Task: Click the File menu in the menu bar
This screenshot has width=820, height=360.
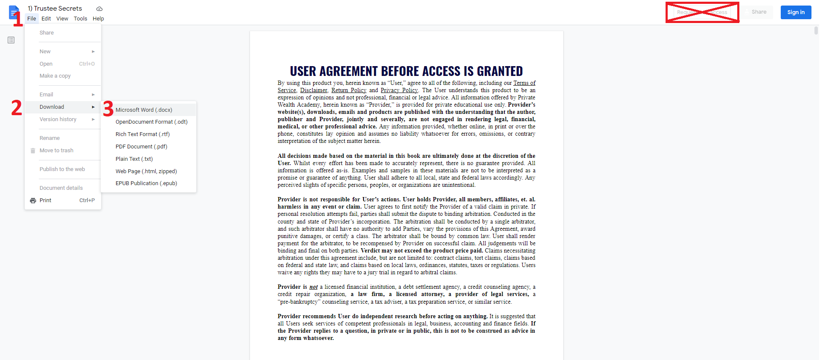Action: pos(32,19)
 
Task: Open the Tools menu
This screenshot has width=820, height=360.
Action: pos(80,19)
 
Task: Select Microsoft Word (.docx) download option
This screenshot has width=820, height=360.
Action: pos(144,110)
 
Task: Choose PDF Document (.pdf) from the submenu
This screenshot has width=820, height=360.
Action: pos(141,147)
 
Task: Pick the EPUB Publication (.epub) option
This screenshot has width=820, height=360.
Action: pos(146,183)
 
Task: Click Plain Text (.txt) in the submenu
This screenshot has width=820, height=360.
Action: pos(134,159)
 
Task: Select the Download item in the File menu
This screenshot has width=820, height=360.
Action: pos(52,107)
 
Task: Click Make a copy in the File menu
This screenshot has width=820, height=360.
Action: pos(55,76)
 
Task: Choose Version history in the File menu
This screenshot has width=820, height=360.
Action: pos(58,119)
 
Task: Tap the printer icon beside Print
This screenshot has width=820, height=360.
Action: pos(33,200)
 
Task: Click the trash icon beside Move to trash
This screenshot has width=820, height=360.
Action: pos(33,151)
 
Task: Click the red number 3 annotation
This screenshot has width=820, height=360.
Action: pos(108,109)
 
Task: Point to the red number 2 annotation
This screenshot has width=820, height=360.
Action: pos(17,107)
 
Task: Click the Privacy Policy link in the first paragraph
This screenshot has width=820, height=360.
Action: pos(399,90)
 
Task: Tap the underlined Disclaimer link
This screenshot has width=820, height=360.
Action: pos(314,90)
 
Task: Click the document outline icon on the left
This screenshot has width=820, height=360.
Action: pos(11,40)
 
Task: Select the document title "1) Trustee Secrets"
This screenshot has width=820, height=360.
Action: pos(55,9)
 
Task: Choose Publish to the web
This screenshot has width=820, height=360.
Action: pos(62,169)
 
